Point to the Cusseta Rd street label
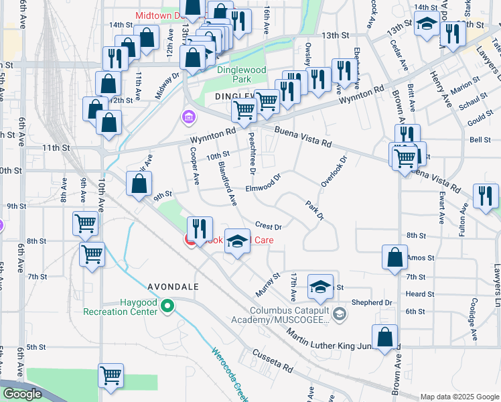[273, 361]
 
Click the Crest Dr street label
[267, 226]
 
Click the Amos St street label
[421, 257]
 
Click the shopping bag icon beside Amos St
[395, 257]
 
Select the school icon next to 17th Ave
[321, 287]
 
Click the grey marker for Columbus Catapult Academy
[340, 313]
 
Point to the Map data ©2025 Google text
[459, 397]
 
